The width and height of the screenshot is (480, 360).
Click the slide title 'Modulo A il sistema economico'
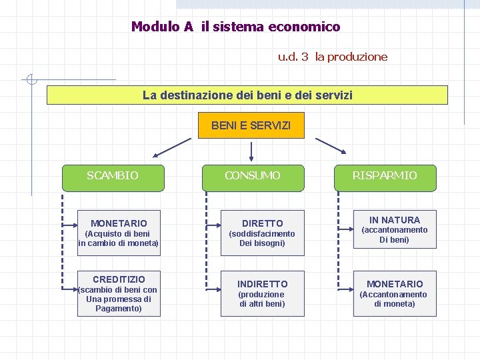(x=235, y=27)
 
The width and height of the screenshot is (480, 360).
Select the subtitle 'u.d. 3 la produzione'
(x=332, y=57)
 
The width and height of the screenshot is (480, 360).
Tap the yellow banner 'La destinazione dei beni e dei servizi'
(x=247, y=95)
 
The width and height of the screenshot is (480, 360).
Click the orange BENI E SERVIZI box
(x=251, y=125)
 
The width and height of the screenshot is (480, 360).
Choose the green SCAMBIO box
(x=113, y=176)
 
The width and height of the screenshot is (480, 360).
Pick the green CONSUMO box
(x=252, y=176)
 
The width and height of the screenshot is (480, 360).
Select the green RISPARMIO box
(x=385, y=176)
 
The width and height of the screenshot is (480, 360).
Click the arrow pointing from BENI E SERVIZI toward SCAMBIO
(x=171, y=147)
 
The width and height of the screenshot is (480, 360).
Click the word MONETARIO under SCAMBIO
(x=119, y=223)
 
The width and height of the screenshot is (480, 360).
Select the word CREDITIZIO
(x=119, y=279)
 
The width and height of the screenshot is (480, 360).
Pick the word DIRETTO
(x=262, y=223)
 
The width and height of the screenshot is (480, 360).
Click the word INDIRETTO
(x=262, y=284)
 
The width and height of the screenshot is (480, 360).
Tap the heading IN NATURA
(x=394, y=220)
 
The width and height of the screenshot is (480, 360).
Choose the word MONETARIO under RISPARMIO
(x=394, y=284)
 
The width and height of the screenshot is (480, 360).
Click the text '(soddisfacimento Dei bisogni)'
(x=262, y=239)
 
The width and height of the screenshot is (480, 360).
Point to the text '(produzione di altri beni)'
(x=262, y=299)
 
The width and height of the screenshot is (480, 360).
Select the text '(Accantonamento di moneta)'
(x=394, y=299)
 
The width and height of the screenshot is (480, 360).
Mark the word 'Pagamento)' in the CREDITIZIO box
(x=119, y=309)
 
